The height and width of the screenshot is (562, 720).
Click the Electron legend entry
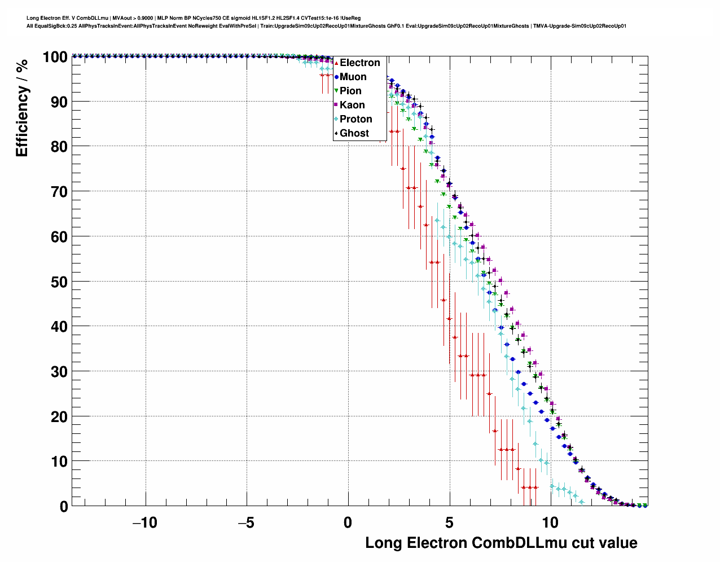tap(359, 63)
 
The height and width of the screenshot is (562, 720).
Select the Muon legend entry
tap(353, 77)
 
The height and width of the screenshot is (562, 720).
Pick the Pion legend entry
tap(350, 91)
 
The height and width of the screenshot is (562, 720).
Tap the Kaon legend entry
tap(352, 105)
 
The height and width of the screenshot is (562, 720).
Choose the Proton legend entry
tap(355, 119)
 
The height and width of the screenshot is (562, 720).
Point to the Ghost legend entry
tap(354, 133)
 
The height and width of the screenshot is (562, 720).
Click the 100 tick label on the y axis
tap(55, 57)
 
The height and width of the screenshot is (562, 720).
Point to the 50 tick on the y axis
tap(59, 282)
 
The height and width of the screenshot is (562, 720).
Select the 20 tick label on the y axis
tap(59, 416)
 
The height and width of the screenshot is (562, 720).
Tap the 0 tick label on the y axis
tap(64, 506)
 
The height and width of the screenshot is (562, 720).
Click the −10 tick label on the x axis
tap(144, 523)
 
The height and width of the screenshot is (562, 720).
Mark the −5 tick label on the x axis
tap(246, 523)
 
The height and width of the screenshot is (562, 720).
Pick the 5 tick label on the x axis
tap(449, 523)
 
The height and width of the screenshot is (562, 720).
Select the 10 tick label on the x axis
tap(550, 523)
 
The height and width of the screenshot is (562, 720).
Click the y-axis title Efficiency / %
tap(22, 108)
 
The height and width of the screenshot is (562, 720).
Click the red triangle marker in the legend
tap(336, 63)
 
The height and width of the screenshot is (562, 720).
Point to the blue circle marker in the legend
tap(336, 77)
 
